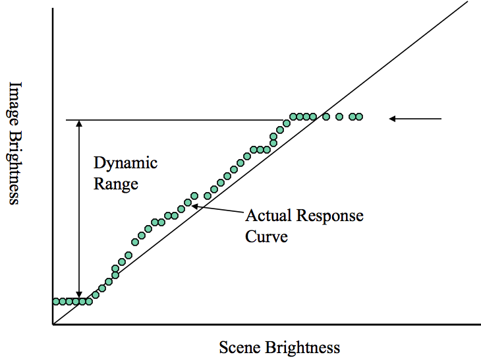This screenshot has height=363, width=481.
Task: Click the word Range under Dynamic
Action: (x=116, y=183)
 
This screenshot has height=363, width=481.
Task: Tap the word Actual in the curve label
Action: (x=269, y=216)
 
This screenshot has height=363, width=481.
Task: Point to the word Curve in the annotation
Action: (x=266, y=236)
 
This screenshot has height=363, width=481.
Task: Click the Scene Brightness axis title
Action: (x=279, y=348)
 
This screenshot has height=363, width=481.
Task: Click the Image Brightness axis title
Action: (x=15, y=143)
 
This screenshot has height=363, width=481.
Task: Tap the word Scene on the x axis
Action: (x=240, y=348)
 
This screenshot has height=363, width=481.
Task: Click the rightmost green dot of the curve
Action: (x=360, y=117)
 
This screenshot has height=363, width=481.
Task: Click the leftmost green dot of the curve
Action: (x=55, y=302)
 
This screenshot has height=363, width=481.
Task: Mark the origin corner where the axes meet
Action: (x=53, y=325)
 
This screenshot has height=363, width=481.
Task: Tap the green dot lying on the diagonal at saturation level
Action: (x=325, y=117)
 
